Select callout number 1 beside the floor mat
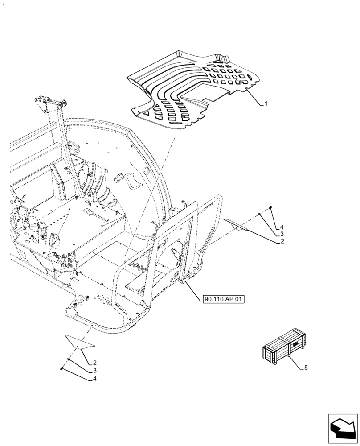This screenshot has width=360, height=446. tap(266, 103)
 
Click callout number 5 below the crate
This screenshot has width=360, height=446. tap(306, 368)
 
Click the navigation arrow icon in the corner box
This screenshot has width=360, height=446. tap(343, 429)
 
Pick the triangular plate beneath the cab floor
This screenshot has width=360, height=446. tap(80, 342)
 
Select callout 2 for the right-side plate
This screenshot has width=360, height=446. tap(282, 241)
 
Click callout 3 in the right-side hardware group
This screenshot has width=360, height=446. tap(282, 234)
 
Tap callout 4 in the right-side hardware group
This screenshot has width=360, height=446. tap(282, 227)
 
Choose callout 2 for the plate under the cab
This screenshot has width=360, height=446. tap(95, 363)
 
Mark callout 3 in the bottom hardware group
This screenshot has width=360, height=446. tap(95, 371)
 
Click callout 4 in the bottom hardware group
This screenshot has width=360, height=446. tap(95, 379)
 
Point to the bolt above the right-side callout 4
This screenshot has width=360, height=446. tap(270, 208)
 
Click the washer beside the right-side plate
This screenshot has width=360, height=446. tap(259, 215)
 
